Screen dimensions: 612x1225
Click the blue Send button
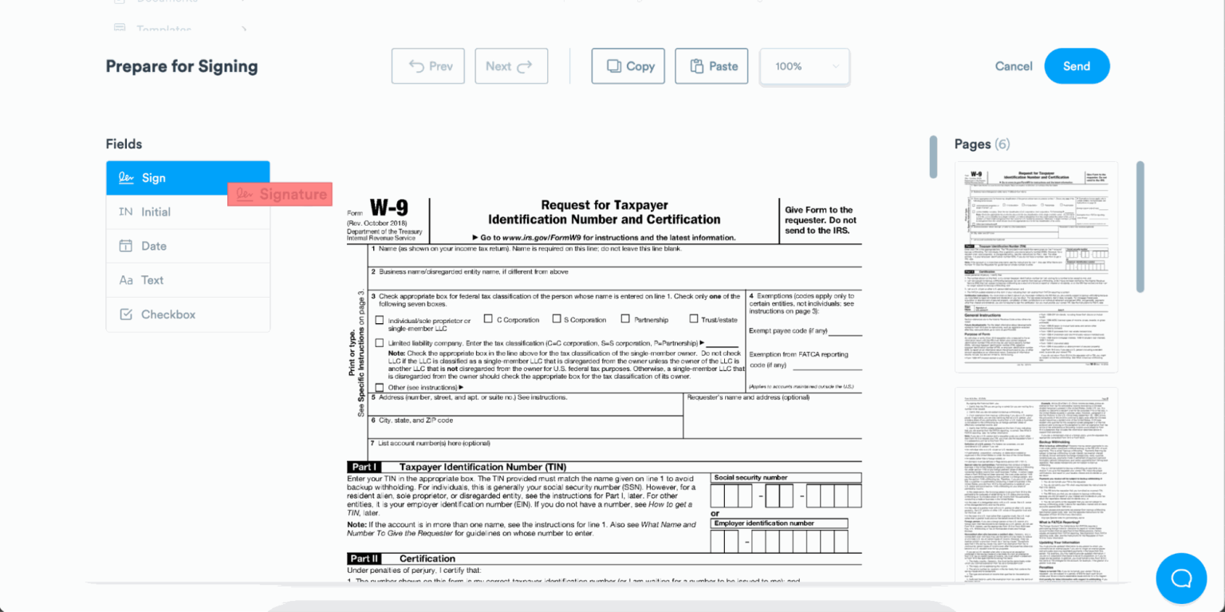1077,66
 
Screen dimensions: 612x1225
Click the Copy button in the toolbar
628,66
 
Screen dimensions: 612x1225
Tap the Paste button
711,66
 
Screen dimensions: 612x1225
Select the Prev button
428,66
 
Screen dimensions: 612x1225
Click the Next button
511,66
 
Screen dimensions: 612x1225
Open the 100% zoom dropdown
804,66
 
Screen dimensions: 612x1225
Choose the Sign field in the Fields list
187,178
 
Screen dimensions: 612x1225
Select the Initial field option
187,212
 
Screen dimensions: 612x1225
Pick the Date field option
187,246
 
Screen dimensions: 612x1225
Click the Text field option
187,280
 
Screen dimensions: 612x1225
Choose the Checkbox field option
187,314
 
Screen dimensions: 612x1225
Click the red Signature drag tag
280,195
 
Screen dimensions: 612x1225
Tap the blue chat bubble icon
1181,578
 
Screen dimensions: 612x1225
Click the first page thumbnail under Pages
1036,267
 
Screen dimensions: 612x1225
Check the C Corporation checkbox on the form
488,318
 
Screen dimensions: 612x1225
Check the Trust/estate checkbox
694,318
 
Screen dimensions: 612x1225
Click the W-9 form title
388,209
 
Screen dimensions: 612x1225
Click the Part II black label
364,559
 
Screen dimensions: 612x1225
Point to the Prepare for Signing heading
182,66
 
